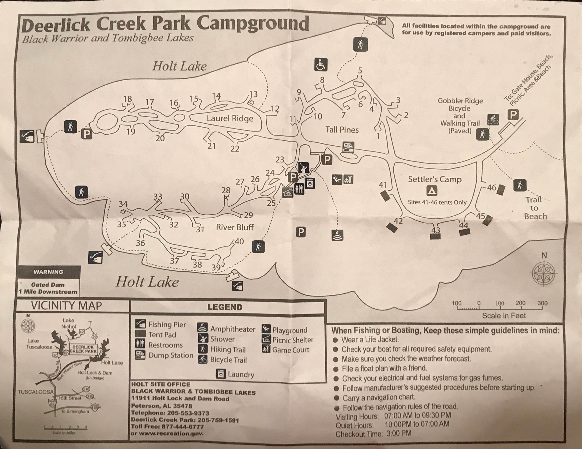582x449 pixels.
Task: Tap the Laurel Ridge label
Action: [x=230, y=118]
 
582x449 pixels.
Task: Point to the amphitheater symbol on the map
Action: [x=338, y=235]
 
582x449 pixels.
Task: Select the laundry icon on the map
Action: [x=310, y=183]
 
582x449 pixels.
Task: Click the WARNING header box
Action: [x=48, y=272]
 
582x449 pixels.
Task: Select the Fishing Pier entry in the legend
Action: [x=167, y=324]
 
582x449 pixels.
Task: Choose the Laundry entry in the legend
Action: [x=241, y=374]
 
